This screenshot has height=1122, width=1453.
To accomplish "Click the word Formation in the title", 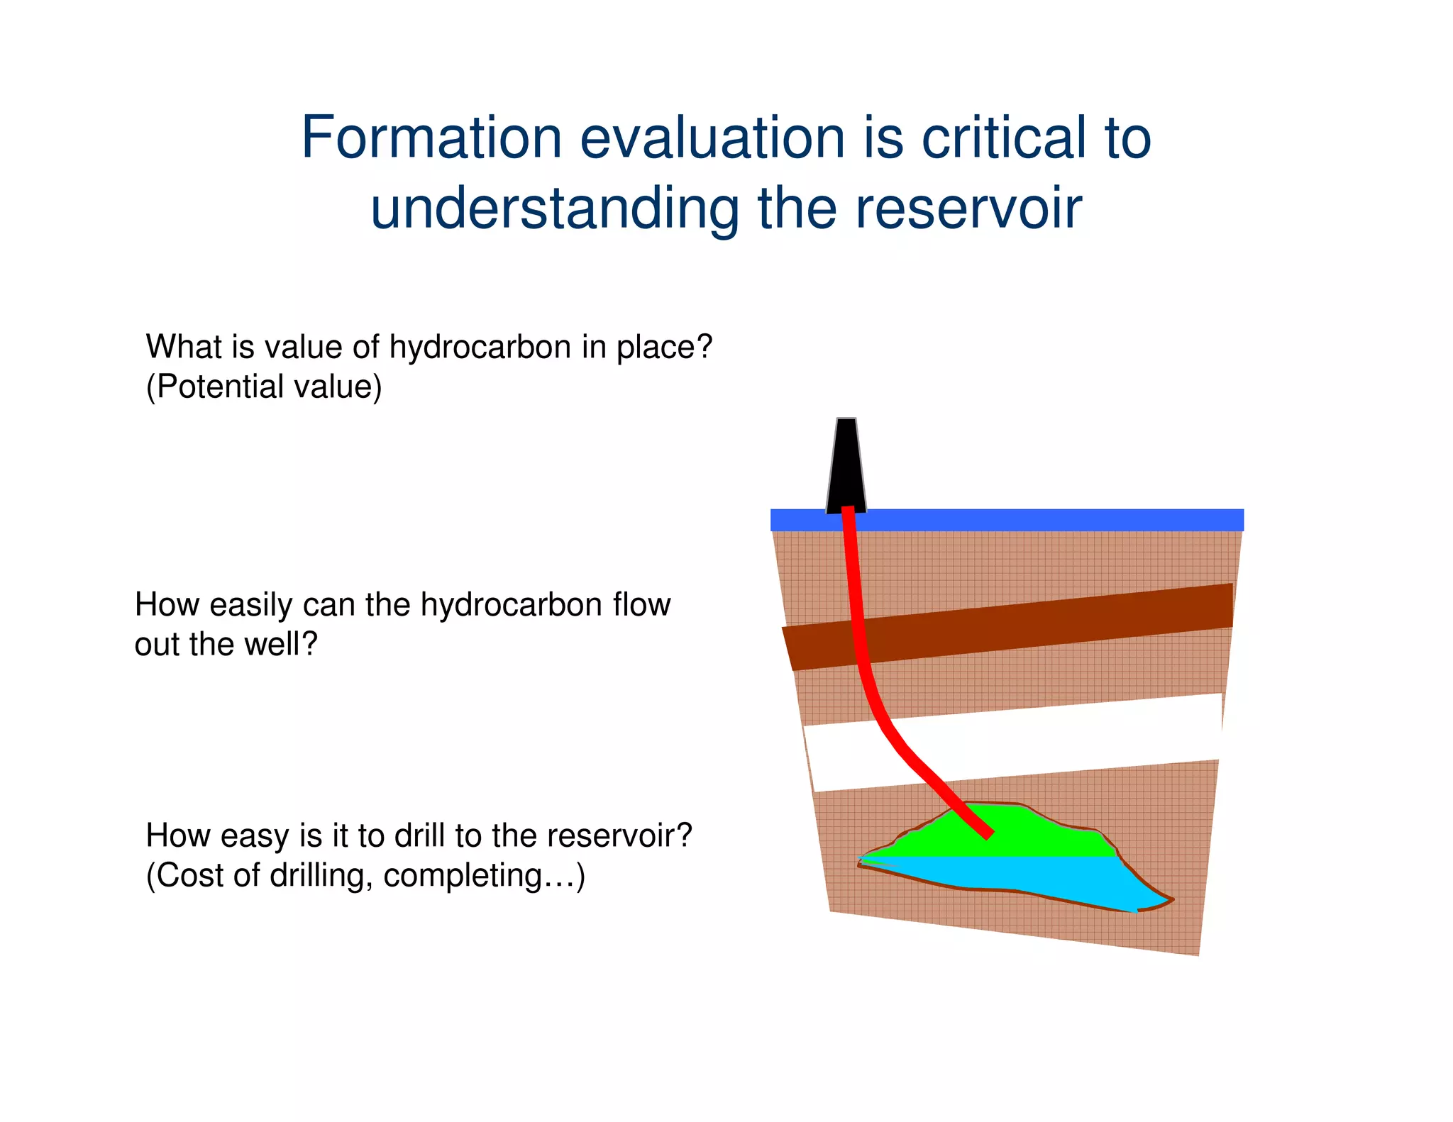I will tap(431, 138).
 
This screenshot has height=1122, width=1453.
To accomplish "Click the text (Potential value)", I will tap(264, 387).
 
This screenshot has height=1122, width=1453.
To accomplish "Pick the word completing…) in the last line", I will tap(485, 876).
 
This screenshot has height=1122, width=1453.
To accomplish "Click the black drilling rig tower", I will tap(846, 468).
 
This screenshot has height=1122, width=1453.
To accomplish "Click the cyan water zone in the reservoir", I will tap(1029, 876).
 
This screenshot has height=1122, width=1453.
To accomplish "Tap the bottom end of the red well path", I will tap(987, 835).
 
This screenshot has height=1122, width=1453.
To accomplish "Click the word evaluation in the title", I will tap(712, 138).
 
